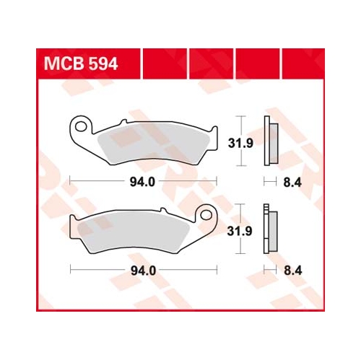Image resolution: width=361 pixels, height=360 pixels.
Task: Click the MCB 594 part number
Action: click(81, 63)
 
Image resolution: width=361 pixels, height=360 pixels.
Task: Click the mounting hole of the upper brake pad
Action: click(81, 126)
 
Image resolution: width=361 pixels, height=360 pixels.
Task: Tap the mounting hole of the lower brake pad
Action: click(206, 215)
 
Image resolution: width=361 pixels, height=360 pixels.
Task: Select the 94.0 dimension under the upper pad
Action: click(142, 182)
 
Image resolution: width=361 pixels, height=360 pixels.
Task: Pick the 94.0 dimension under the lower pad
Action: click(144, 271)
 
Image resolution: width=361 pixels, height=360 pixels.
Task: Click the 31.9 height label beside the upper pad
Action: click(240, 144)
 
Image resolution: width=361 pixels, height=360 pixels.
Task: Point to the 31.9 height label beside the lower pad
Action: click(240, 231)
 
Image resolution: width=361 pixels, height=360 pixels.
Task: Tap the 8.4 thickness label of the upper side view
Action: click(292, 183)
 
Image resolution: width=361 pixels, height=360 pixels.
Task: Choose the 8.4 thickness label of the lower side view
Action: click(293, 271)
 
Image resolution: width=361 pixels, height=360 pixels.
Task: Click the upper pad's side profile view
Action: click(271, 141)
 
